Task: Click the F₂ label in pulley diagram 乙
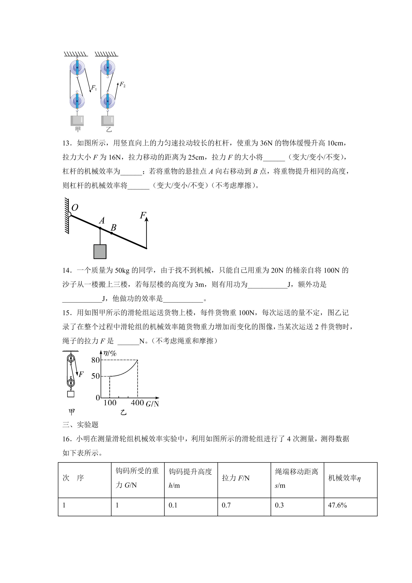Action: tap(122, 84)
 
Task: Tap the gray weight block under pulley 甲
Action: tap(77, 121)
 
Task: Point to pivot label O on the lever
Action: tap(75, 207)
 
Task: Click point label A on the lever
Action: tap(102, 220)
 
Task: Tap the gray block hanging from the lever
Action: tap(100, 251)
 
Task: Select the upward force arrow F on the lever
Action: tap(146, 231)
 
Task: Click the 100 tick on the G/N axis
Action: tap(110, 403)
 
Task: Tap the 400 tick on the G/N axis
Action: tap(137, 403)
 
